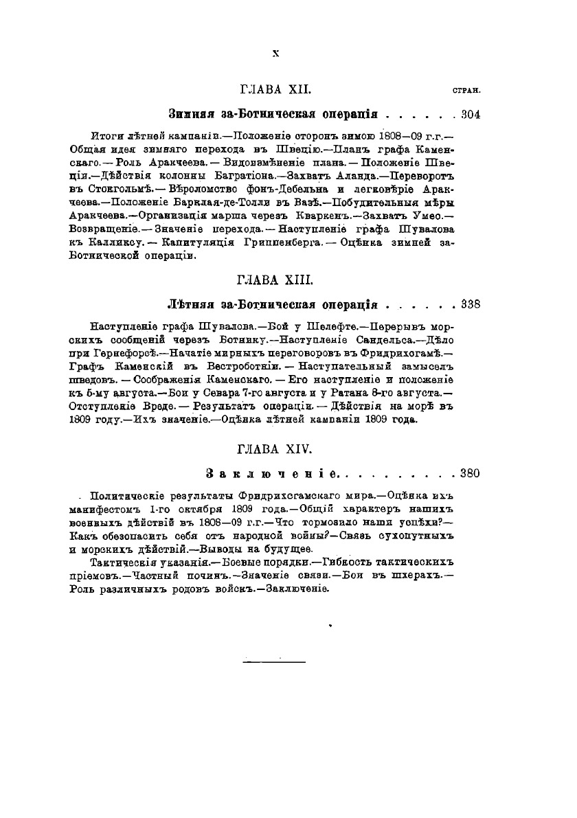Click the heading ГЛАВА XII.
[275, 89]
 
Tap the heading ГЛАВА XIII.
[275, 280]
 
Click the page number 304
[471, 113]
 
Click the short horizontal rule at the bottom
[274, 661]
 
